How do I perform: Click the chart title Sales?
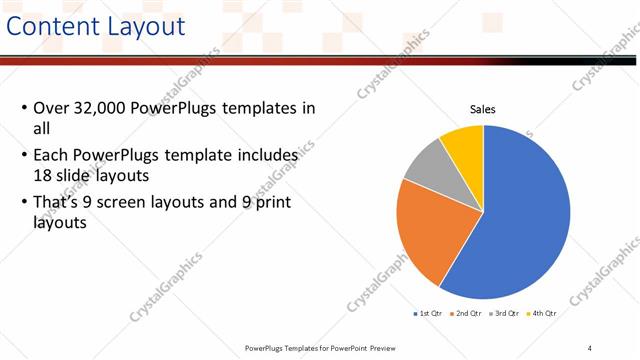point(483,110)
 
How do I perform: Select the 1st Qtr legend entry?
point(427,313)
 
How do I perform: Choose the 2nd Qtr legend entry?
point(467,313)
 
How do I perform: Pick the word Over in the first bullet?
point(51,108)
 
